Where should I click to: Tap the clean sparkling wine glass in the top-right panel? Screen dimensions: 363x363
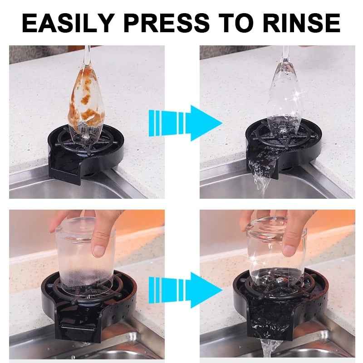click(x=281, y=100)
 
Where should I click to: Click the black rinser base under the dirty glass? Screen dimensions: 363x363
click(x=73, y=159)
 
